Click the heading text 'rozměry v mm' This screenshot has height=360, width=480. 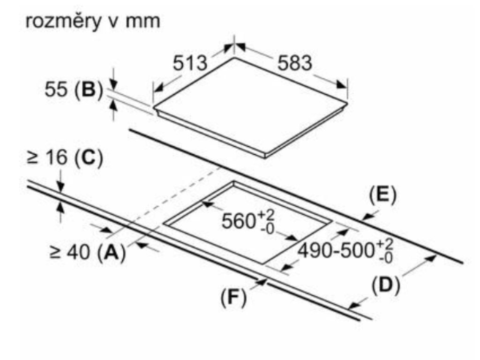(92, 22)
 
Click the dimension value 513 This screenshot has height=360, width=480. (190, 63)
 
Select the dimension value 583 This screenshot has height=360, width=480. (294, 63)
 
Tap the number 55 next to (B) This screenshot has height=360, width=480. (56, 90)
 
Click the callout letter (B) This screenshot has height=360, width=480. (88, 90)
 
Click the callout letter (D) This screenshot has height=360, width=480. (386, 286)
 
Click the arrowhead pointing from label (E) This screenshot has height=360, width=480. (367, 217)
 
